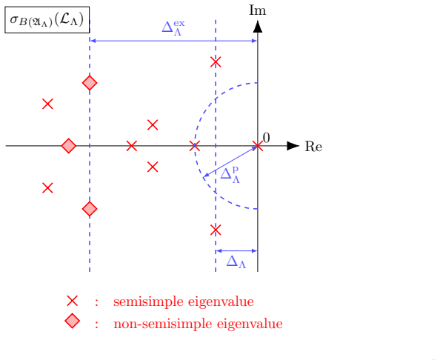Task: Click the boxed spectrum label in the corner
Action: click(x=47, y=20)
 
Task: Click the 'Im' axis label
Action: click(x=257, y=10)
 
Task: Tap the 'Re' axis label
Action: click(x=313, y=147)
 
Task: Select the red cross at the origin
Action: click(x=258, y=146)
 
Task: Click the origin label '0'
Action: click(x=267, y=138)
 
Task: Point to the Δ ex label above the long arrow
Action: click(x=173, y=28)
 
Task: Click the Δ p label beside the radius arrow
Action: click(x=230, y=175)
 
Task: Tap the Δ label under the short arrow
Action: click(x=236, y=261)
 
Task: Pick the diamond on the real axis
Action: click(x=69, y=146)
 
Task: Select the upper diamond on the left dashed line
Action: click(x=90, y=83)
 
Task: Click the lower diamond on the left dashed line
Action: click(x=90, y=209)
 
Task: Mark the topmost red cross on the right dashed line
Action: click(x=216, y=62)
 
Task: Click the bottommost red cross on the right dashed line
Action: click(x=216, y=230)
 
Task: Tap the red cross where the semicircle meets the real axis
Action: click(x=195, y=146)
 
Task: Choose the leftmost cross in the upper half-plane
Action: click(x=47, y=104)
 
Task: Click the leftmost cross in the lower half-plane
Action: click(x=47, y=187)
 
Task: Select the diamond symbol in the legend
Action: click(x=72, y=321)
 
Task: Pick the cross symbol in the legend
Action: click(x=72, y=301)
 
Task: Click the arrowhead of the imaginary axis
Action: click(x=258, y=26)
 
